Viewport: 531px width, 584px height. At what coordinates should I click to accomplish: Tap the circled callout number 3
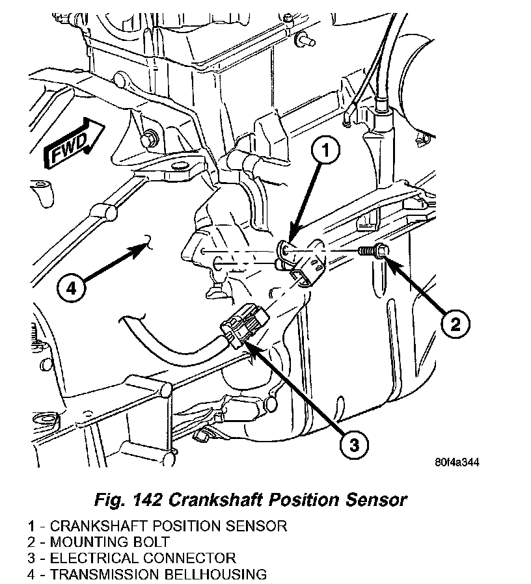point(353,444)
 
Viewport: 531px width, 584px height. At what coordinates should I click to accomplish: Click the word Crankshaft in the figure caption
point(212,499)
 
